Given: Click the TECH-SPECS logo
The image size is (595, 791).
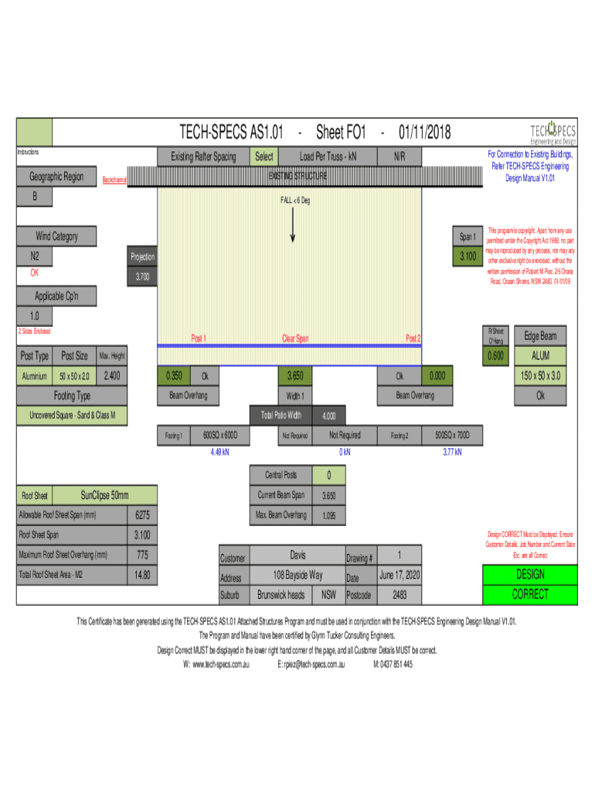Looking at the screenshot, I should (x=552, y=133).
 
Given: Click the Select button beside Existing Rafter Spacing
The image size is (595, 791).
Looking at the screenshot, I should (x=263, y=157).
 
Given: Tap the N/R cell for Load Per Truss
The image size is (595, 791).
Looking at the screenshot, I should (x=399, y=157).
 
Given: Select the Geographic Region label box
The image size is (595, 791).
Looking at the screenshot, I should (x=56, y=177).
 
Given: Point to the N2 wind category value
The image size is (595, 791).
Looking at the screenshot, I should (x=36, y=256).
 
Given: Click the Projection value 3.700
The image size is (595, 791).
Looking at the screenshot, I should (x=141, y=277).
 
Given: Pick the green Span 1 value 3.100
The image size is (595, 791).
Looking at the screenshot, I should (x=467, y=256).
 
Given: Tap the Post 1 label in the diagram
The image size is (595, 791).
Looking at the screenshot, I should (x=199, y=338).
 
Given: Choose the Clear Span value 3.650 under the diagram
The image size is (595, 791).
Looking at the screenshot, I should (x=294, y=376).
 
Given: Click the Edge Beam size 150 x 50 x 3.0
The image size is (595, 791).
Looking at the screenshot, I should (x=540, y=376).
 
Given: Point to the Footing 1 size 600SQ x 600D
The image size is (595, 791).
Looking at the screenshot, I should (x=226, y=436).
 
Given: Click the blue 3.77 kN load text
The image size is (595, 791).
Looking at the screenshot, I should (x=452, y=453).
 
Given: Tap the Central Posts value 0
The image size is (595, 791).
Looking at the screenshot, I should (x=329, y=475).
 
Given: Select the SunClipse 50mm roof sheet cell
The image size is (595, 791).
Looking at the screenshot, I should (x=105, y=495).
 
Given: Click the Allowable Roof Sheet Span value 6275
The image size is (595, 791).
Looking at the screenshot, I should (x=142, y=515).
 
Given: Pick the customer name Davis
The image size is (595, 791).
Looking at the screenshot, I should (x=298, y=555).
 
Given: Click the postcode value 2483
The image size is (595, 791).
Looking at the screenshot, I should (x=399, y=596).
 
